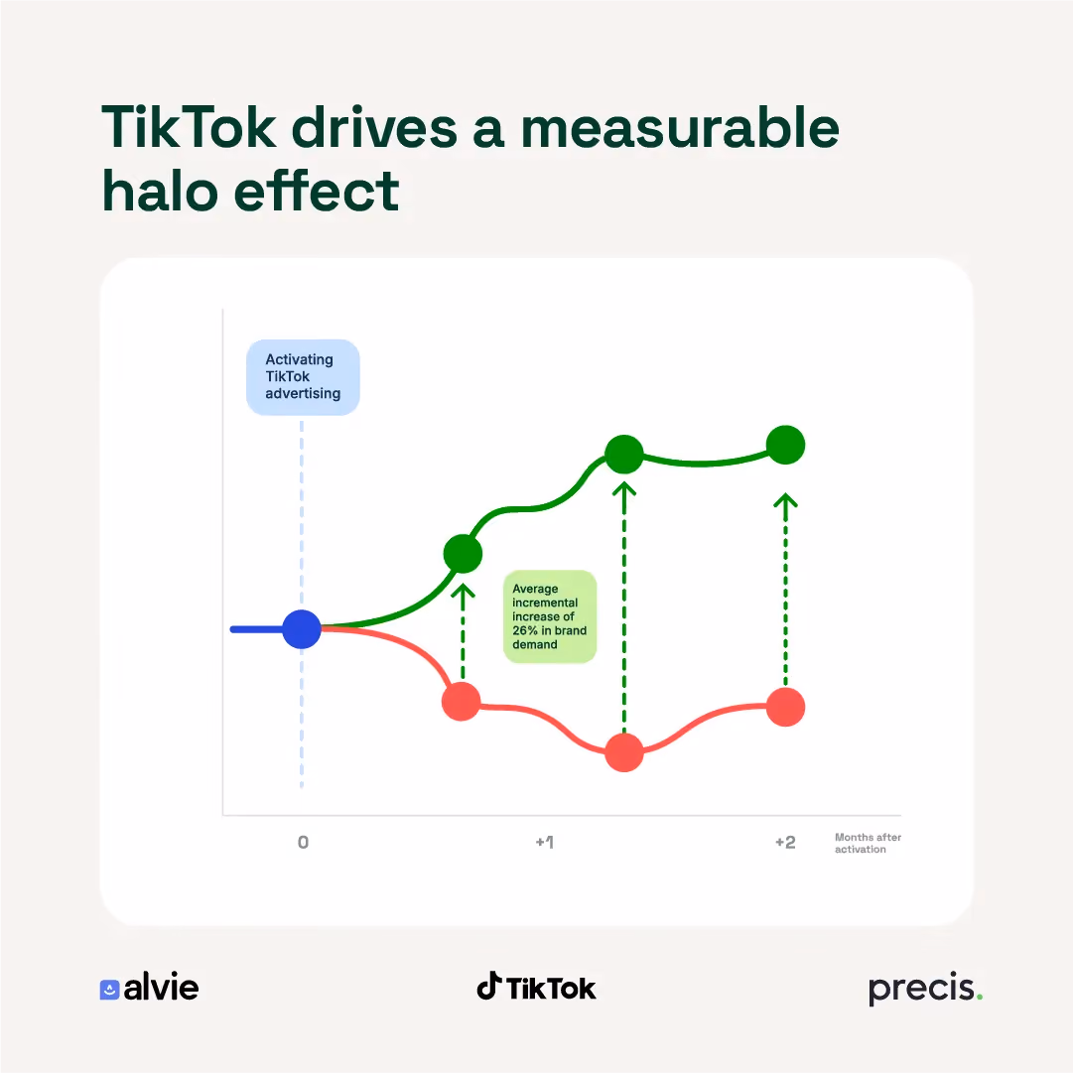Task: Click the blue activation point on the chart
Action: click(x=302, y=629)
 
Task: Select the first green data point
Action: click(x=463, y=554)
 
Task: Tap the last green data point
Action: click(x=785, y=445)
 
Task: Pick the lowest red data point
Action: click(x=624, y=752)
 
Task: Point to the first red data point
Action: click(x=462, y=702)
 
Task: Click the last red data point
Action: click(x=785, y=707)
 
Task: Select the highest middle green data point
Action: click(x=624, y=454)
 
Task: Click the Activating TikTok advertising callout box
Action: click(x=303, y=377)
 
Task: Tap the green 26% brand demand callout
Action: click(x=550, y=616)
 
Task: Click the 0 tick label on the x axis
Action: click(x=303, y=843)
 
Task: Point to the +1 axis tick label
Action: click(x=545, y=843)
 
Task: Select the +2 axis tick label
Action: click(x=785, y=843)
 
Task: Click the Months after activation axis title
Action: click(x=868, y=843)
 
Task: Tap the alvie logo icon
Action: click(x=109, y=990)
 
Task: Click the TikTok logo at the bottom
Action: click(x=536, y=987)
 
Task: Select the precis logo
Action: click(x=925, y=989)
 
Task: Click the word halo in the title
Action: click(x=160, y=191)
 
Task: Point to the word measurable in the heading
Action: click(x=680, y=127)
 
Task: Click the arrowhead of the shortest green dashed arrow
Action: click(x=463, y=592)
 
